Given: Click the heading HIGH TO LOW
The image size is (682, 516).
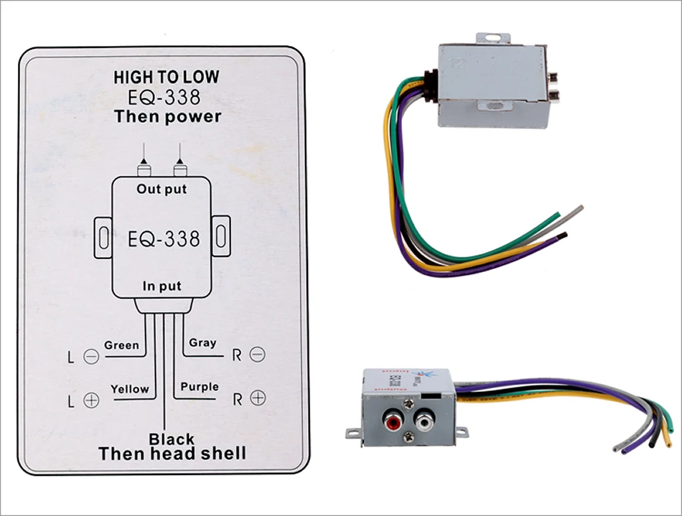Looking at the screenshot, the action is click(x=166, y=78).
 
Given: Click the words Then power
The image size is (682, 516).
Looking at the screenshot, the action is click(x=167, y=116).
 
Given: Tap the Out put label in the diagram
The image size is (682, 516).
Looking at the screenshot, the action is click(x=162, y=189).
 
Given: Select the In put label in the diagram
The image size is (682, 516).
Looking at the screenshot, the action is click(x=162, y=286).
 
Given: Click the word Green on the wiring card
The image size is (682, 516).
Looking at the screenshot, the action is click(x=121, y=345).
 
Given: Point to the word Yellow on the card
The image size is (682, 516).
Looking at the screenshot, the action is click(x=130, y=389).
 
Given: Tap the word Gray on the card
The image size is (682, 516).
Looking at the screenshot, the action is click(x=202, y=342).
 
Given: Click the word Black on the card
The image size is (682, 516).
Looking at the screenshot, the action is click(x=171, y=438).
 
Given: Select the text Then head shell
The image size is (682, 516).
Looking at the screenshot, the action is click(x=172, y=454).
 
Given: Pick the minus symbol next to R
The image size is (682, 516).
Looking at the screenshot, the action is click(x=258, y=354).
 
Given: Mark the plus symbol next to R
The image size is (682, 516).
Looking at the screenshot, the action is click(x=258, y=399).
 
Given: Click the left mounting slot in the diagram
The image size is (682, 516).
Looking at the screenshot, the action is click(x=103, y=237).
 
